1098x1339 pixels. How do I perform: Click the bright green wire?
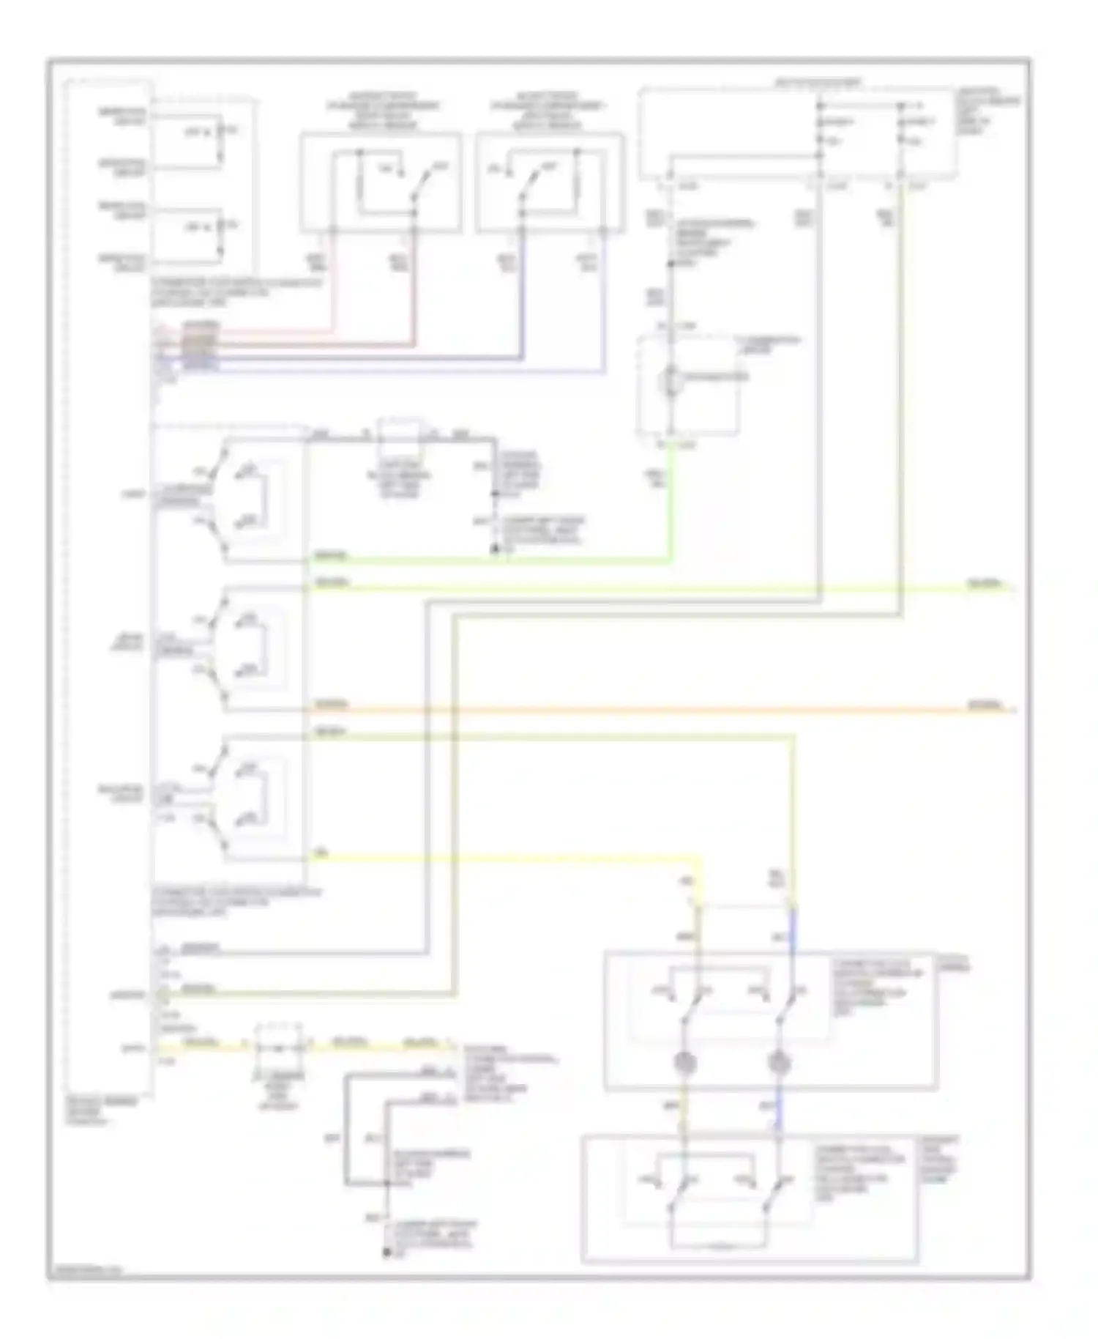(x=512, y=562)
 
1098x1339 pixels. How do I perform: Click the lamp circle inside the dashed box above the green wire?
(x=670, y=381)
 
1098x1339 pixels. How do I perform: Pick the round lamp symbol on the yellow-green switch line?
(x=684, y=1061)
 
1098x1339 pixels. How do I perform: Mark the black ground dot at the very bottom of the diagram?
(x=386, y=1253)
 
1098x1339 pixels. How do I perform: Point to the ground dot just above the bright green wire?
(x=495, y=548)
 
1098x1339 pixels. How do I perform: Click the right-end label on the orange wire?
(x=985, y=705)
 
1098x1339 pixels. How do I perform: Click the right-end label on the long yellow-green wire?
(x=985, y=585)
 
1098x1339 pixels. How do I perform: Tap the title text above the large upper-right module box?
(x=818, y=82)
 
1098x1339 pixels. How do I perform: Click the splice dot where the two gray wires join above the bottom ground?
(x=386, y=1183)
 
